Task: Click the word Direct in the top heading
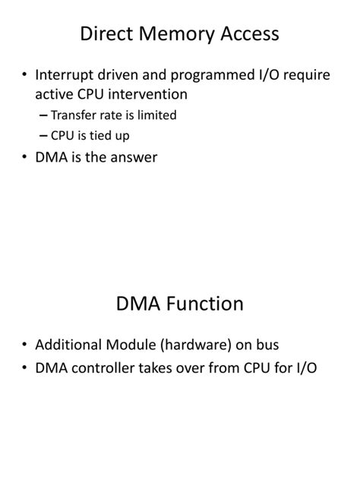point(107,34)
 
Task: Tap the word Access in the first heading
point(249,34)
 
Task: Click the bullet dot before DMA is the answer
point(25,158)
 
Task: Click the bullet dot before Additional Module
point(25,346)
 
